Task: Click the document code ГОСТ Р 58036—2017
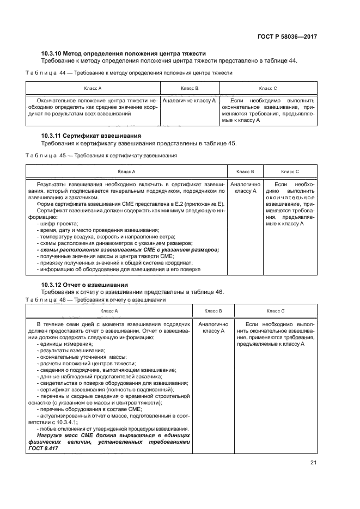point(287,36)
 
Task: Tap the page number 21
point(313,463)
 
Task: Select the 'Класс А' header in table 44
point(93,88)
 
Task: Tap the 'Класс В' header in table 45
point(245,171)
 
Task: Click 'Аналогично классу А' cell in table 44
point(189,101)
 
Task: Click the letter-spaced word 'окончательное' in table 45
point(290,198)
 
